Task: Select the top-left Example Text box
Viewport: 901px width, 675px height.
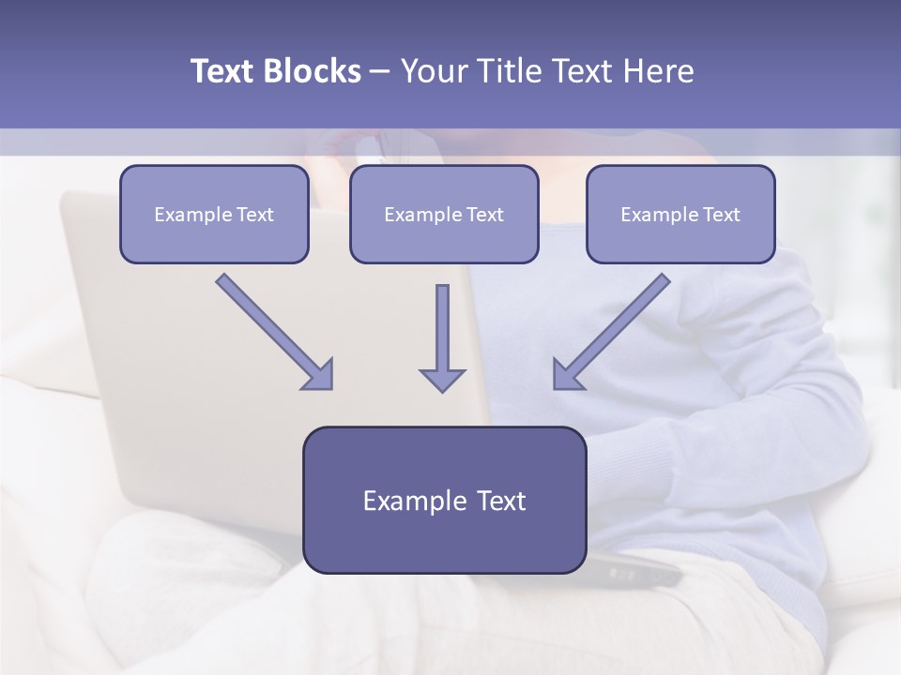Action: click(214, 215)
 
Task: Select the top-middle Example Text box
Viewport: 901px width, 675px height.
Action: click(444, 215)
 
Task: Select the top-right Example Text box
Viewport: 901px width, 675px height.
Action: click(680, 215)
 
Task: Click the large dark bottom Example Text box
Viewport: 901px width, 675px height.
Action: click(444, 501)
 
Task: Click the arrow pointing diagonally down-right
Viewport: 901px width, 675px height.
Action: click(272, 330)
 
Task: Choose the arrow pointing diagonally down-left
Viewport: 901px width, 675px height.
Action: click(613, 330)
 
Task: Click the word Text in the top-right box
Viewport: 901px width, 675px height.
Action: click(721, 215)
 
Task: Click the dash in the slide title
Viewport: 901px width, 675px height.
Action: click(380, 72)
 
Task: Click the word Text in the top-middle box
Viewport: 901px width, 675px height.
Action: click(484, 215)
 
